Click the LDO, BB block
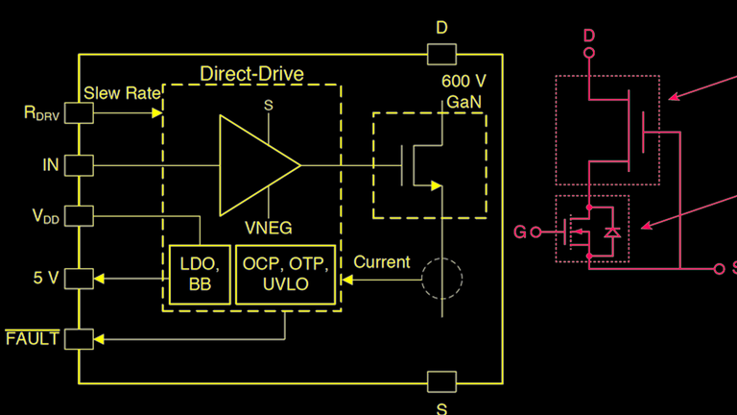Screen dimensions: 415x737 [199, 276]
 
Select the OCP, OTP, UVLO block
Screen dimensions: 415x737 [284, 276]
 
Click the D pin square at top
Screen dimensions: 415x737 [441, 54]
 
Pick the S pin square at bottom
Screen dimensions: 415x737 [441, 382]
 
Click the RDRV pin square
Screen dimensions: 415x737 [79, 113]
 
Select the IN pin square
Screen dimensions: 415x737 [79, 165]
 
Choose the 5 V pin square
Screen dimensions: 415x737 [79, 279]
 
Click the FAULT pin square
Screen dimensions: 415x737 [79, 338]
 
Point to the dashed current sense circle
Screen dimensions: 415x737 [442, 279]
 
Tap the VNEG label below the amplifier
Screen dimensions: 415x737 [269, 229]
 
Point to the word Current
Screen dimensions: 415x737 [381, 261]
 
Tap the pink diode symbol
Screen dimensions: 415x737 [611, 232]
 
